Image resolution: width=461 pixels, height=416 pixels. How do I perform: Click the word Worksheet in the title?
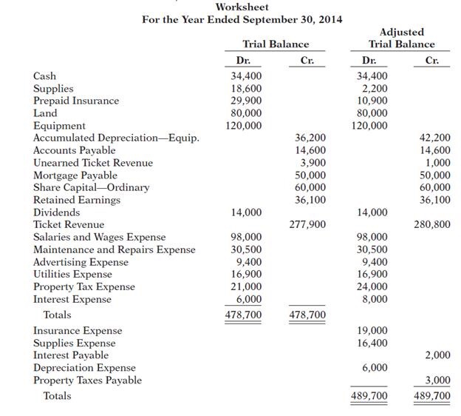tap(242, 7)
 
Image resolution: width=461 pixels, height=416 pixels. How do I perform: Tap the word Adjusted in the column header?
tap(401, 33)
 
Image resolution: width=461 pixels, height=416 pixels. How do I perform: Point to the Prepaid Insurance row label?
tap(76, 101)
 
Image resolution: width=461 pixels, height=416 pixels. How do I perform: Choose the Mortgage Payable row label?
tap(75, 175)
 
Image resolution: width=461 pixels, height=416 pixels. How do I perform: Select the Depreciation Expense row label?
tap(84, 368)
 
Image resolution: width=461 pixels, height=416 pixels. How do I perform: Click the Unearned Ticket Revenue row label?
tap(93, 163)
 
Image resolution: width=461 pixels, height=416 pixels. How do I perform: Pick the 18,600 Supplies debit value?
tap(246, 88)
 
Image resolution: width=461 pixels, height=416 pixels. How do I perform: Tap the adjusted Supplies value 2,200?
tap(375, 88)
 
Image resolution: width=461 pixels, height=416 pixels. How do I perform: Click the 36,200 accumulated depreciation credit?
tap(310, 138)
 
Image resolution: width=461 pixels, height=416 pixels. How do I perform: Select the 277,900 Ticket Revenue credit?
tap(307, 225)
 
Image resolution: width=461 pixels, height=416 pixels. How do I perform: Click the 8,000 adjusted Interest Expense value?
tap(375, 300)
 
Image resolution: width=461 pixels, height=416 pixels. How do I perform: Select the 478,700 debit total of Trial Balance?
tap(243, 315)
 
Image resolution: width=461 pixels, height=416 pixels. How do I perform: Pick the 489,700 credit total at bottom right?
tap(432, 397)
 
